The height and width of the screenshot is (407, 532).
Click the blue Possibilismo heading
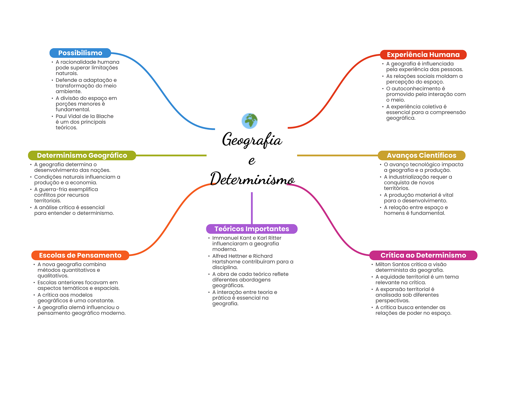80,53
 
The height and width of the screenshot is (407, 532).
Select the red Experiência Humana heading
423,55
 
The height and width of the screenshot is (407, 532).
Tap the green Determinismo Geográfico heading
82,155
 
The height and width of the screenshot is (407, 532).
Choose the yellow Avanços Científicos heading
421,155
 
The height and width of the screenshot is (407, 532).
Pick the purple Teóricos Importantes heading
251,229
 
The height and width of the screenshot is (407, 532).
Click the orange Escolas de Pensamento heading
80,255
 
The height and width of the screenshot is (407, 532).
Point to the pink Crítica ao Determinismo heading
423,255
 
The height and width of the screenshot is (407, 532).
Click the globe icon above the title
249,121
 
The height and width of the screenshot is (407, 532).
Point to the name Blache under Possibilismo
105,116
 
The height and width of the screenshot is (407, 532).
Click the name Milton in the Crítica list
383,264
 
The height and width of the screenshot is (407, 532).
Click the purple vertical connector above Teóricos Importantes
252,208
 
